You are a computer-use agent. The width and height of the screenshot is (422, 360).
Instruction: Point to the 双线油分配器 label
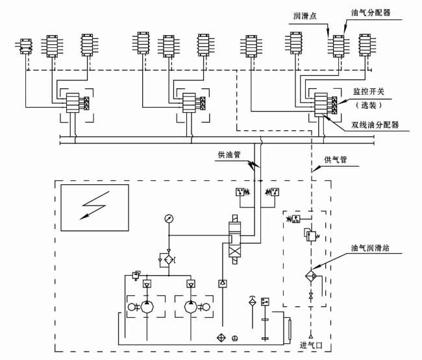click(x=375, y=125)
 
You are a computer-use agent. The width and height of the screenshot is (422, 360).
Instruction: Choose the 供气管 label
click(x=336, y=159)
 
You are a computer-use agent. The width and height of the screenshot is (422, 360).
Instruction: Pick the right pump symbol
click(x=190, y=306)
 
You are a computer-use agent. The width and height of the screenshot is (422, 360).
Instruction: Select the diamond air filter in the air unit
click(x=310, y=275)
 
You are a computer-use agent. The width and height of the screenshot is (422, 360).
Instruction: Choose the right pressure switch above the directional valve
click(x=273, y=193)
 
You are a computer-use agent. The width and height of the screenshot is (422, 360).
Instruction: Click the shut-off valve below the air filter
click(x=310, y=296)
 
